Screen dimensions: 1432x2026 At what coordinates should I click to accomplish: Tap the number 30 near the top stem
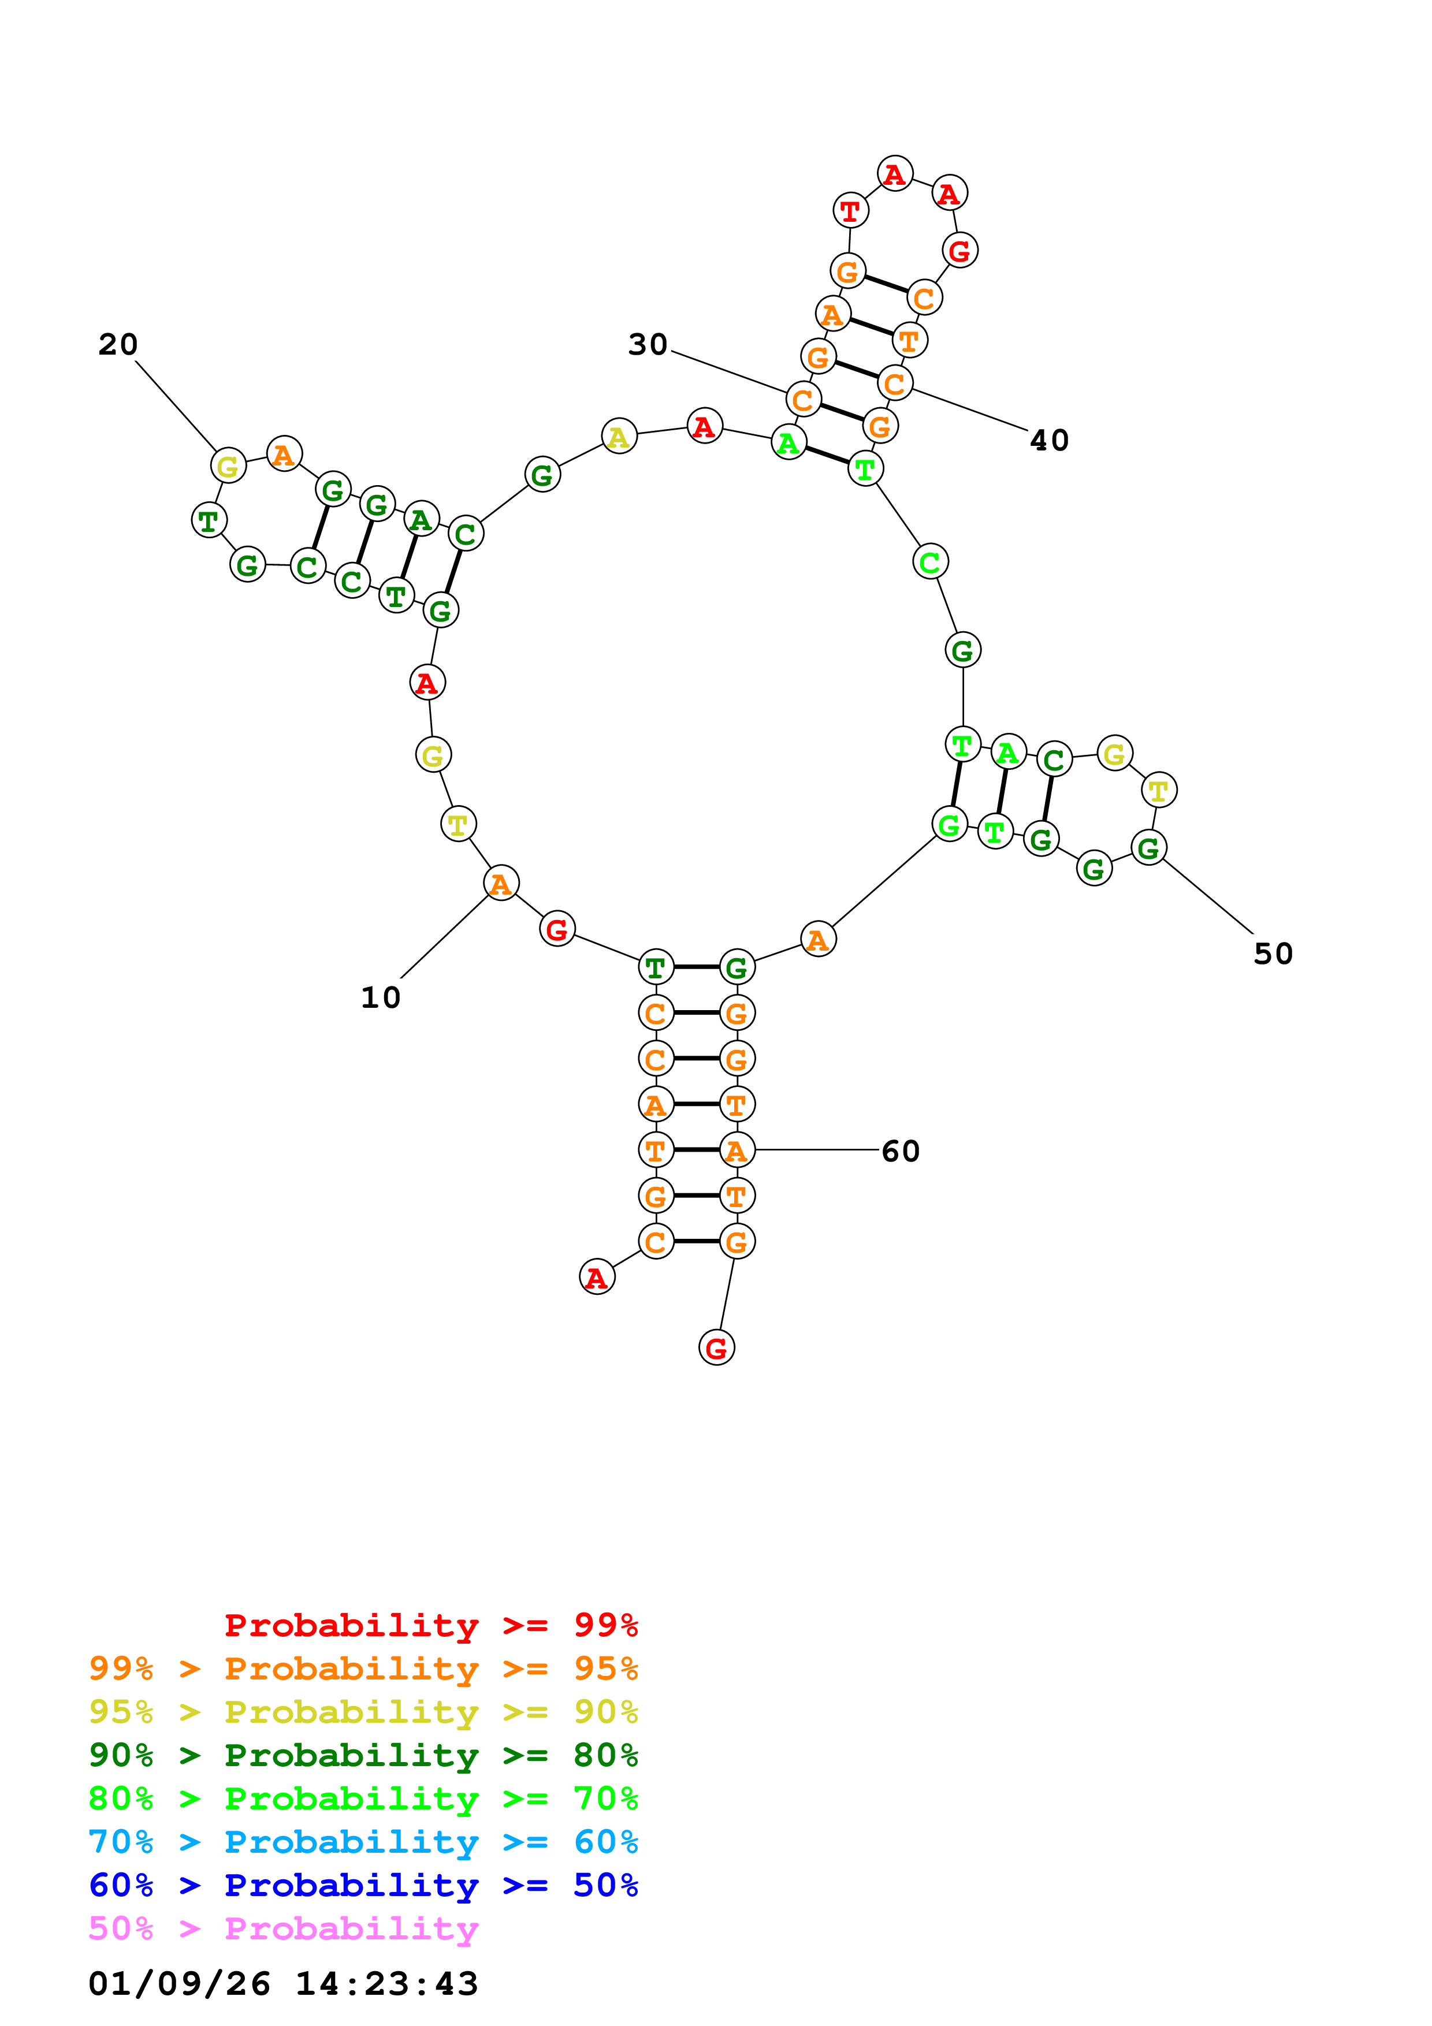[648, 344]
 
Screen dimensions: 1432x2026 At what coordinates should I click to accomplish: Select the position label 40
[1049, 440]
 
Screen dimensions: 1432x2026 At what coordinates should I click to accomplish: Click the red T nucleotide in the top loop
[850, 211]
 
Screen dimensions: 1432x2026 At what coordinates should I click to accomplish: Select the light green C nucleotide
[930, 561]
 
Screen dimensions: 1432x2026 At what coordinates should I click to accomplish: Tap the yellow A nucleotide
[619, 436]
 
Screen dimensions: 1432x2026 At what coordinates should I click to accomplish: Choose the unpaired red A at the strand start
[597, 1277]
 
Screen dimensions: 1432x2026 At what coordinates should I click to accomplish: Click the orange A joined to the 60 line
[737, 1150]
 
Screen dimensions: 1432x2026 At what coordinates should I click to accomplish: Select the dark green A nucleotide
[421, 520]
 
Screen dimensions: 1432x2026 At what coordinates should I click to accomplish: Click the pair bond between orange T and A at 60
[696, 1150]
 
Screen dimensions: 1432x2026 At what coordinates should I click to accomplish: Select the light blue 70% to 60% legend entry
[363, 1842]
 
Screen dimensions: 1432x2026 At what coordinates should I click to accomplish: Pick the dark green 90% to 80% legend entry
[363, 1755]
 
